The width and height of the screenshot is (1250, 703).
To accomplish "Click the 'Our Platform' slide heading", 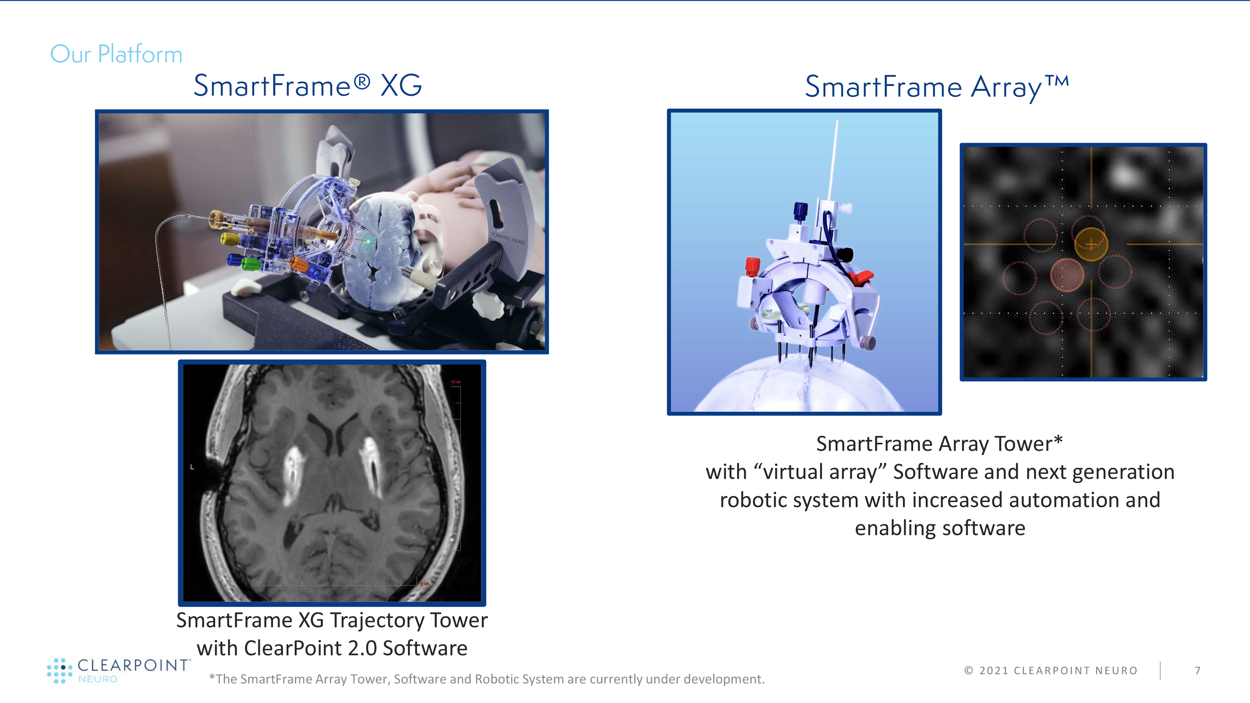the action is pos(116,54).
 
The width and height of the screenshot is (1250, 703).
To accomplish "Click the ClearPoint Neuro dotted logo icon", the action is pos(60,670).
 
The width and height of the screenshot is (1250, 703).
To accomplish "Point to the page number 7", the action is pos(1198,670).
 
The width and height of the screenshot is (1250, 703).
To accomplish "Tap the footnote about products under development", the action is pos(487,679).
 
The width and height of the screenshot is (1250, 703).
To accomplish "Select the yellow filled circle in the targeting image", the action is pos(1091,244).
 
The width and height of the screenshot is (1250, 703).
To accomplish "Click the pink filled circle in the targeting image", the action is pos(1067,275).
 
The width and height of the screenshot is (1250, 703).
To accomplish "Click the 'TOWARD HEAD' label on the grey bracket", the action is pos(508,238).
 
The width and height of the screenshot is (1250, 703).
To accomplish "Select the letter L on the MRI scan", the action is pos(192,467).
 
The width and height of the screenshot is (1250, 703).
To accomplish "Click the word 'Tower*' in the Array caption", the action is pos(1029,444).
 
